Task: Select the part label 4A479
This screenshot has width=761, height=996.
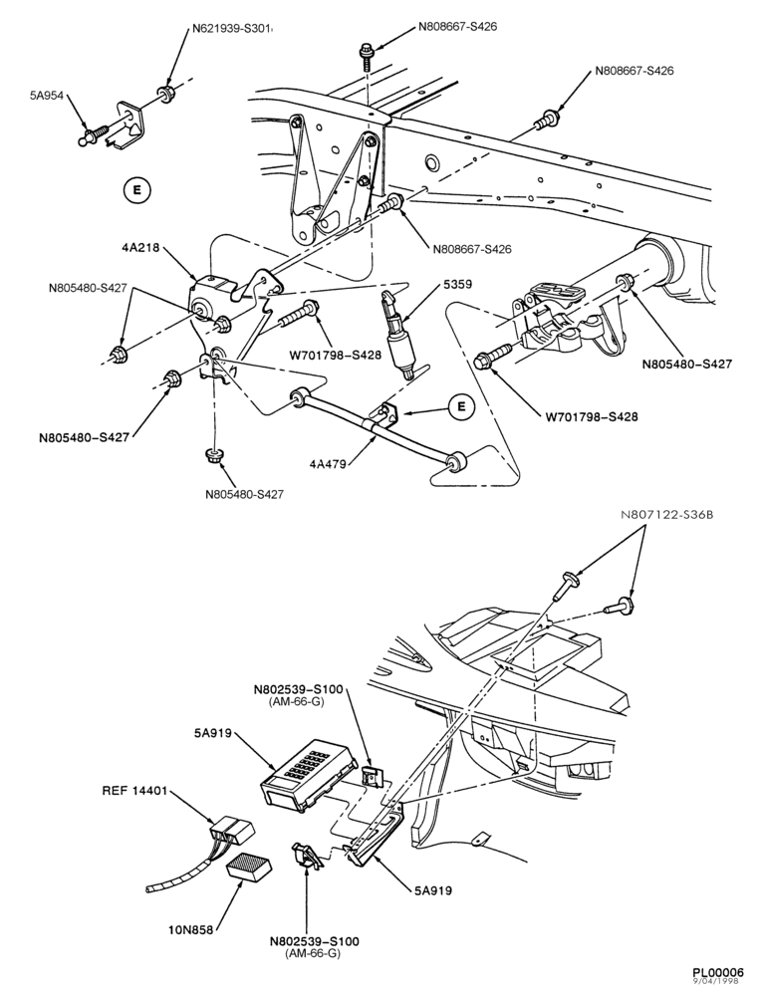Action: click(x=328, y=464)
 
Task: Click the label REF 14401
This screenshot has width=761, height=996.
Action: click(x=134, y=791)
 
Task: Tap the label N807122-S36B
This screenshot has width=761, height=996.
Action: click(x=667, y=515)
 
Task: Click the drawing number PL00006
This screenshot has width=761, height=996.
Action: click(x=717, y=972)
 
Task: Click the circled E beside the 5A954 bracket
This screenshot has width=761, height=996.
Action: click(x=135, y=189)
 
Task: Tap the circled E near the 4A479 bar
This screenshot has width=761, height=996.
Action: click(x=462, y=406)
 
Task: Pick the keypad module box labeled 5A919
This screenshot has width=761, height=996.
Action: click(x=308, y=774)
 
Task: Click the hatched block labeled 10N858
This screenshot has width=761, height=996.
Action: click(x=249, y=868)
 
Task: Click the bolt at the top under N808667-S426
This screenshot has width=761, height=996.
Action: click(x=368, y=57)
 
